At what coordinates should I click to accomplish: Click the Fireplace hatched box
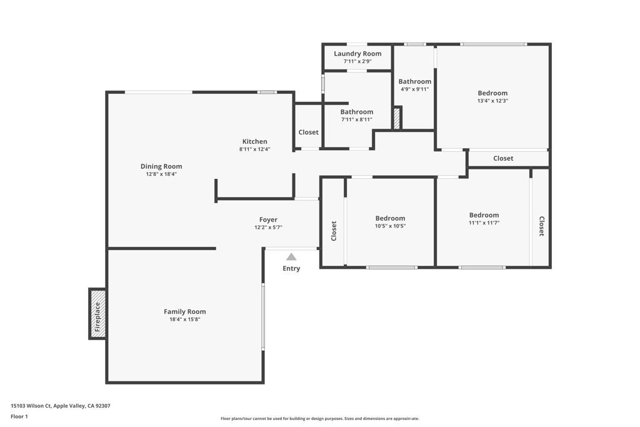click(97, 314)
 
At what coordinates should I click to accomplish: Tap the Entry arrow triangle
click(291, 257)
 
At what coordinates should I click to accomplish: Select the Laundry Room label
click(357, 54)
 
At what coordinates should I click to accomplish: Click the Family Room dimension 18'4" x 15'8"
click(184, 319)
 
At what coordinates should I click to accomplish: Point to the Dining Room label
click(161, 166)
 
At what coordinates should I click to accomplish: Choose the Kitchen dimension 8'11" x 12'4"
click(254, 149)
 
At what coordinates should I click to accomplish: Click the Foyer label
click(268, 219)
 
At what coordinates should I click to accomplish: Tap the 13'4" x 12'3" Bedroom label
click(492, 93)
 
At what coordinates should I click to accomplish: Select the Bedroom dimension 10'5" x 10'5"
click(390, 226)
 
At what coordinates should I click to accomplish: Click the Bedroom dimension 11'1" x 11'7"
click(484, 223)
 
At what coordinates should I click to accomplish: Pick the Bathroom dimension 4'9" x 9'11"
click(414, 89)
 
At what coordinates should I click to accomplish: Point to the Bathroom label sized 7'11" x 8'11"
click(356, 112)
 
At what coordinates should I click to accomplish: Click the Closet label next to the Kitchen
click(308, 133)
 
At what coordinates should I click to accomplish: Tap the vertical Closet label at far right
click(541, 226)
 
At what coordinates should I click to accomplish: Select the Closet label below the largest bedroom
click(503, 159)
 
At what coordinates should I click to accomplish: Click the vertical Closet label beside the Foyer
click(334, 231)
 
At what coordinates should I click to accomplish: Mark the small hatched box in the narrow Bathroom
click(396, 119)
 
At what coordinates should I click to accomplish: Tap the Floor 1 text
click(19, 416)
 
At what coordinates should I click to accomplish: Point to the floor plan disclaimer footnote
click(319, 419)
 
